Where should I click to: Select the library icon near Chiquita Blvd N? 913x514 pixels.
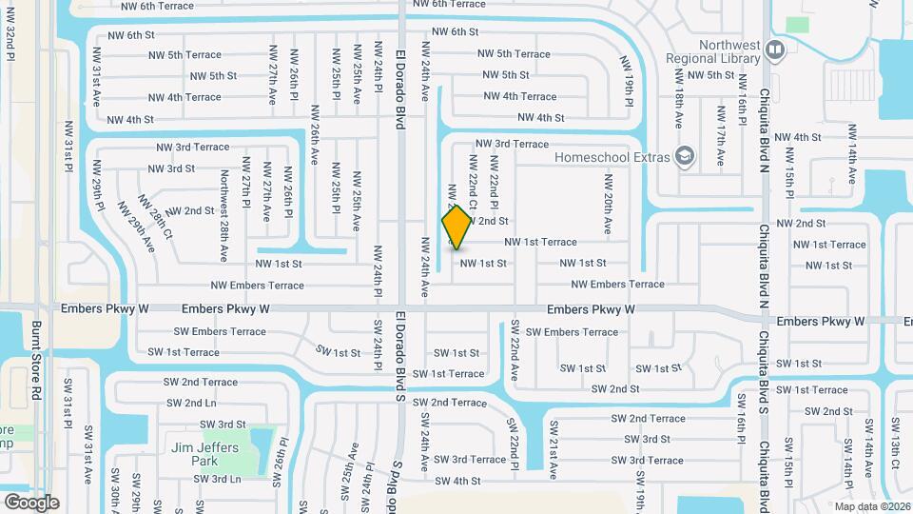[776, 49]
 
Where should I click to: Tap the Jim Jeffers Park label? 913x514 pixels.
[204, 454]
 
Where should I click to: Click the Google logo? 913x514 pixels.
[31, 502]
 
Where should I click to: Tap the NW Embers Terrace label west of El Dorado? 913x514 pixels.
[258, 286]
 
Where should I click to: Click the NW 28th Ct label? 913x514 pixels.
[156, 216]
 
